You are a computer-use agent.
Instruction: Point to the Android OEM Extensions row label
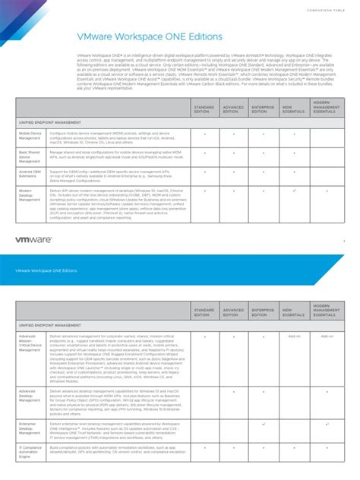pos(30,174)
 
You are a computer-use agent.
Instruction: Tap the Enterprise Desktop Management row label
pos(30,430)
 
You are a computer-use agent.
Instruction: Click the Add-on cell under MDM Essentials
pos(295,335)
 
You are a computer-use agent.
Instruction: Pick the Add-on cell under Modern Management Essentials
pos(327,335)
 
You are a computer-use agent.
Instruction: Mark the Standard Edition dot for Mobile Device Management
pos(204,132)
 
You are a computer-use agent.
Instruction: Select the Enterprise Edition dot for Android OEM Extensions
pos(264,172)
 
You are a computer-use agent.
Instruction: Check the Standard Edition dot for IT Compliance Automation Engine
pos(204,448)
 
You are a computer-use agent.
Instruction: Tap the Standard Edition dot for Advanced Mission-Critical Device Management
pos(204,335)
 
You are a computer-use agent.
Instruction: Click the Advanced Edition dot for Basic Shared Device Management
pos(234,152)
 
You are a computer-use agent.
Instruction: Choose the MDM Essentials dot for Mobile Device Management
pos(294,132)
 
